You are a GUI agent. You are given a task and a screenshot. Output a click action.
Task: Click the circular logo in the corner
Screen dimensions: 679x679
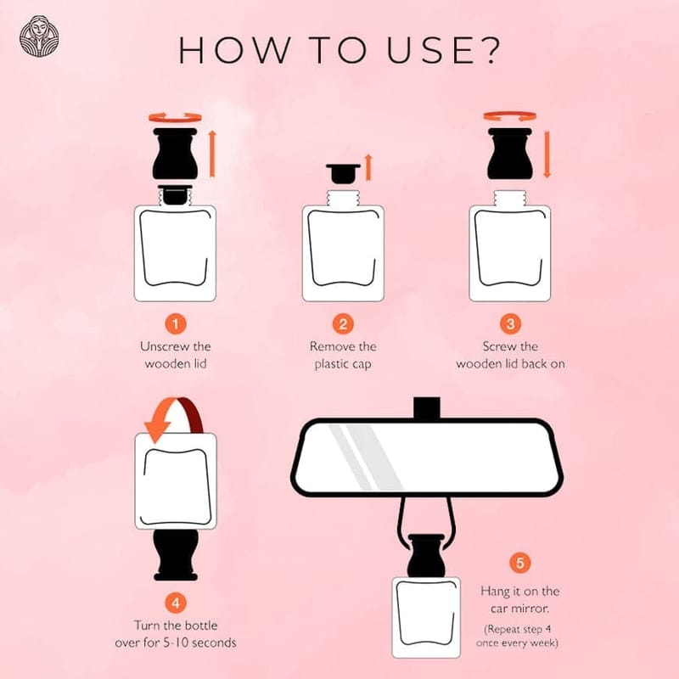tap(39, 36)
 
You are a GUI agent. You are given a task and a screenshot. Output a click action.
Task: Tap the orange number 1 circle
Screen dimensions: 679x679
tap(176, 324)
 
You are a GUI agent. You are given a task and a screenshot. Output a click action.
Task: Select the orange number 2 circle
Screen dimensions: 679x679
tap(343, 324)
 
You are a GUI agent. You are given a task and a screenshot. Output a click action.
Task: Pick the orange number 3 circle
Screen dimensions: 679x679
tap(510, 324)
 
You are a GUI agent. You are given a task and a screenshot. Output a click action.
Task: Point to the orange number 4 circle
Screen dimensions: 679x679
tap(176, 603)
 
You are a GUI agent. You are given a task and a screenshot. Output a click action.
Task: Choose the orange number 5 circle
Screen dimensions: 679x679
tap(519, 563)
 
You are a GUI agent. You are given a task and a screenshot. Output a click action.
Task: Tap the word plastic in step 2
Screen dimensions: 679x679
tap(331, 364)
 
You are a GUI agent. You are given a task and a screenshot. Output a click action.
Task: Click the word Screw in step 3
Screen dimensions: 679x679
tap(498, 346)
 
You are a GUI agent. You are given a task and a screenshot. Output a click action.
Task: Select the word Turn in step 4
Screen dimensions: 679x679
tap(147, 626)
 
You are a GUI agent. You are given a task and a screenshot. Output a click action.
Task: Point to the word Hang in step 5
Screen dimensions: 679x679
tap(496, 592)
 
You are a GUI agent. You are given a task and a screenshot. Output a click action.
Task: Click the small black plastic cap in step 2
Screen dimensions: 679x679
tap(343, 173)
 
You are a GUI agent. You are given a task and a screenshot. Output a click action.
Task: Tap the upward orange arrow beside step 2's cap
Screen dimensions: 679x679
tap(368, 167)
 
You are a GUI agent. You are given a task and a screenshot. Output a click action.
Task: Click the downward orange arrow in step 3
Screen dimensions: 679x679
tap(547, 154)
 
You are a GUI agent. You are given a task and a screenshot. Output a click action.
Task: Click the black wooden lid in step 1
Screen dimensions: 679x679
tap(176, 154)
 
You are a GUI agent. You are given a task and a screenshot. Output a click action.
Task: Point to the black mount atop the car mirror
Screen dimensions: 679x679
tap(427, 408)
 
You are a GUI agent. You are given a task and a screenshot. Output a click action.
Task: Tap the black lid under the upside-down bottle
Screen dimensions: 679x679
tap(176, 555)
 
